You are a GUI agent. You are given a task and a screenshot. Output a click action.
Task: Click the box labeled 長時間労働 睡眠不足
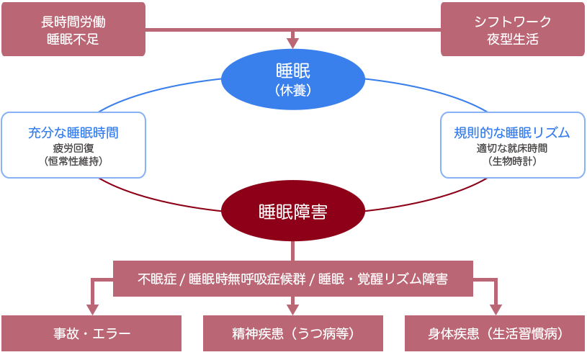(x=73, y=30)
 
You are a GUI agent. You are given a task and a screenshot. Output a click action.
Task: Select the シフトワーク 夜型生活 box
(x=512, y=30)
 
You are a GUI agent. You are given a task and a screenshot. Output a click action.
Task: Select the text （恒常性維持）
(x=73, y=162)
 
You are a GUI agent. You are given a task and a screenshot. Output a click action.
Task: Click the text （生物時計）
(x=512, y=162)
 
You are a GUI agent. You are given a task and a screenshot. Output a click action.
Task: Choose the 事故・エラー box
(x=91, y=334)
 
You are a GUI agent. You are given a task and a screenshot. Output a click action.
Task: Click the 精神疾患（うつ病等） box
(x=293, y=334)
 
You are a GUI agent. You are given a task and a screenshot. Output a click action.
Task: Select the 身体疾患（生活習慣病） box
(x=496, y=334)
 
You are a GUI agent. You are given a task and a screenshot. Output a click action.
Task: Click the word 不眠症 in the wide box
(x=156, y=279)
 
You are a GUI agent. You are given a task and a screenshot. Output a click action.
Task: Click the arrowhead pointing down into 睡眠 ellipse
(x=292, y=42)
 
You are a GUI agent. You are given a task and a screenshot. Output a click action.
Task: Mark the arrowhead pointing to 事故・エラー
(x=91, y=310)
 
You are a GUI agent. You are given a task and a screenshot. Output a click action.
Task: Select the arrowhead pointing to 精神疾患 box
(x=293, y=310)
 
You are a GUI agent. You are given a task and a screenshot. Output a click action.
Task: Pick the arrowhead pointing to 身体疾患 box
(x=496, y=310)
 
